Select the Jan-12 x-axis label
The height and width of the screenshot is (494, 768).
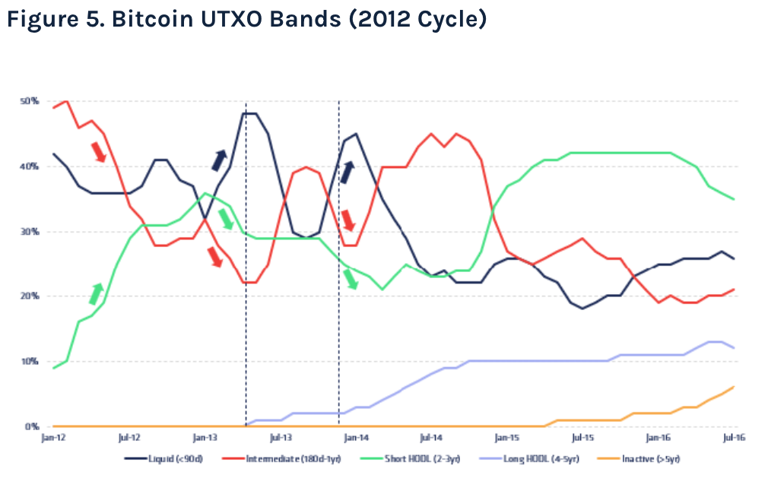pyautogui.click(x=52, y=438)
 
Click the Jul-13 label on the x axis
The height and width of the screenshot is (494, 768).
pyautogui.click(x=281, y=438)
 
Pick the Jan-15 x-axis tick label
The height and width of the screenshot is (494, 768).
pyautogui.click(x=506, y=438)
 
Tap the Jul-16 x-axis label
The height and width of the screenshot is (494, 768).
pyautogui.click(x=733, y=438)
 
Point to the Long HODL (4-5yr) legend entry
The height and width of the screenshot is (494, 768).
pyautogui.click(x=529, y=459)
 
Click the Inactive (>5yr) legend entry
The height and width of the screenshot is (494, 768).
pyautogui.click(x=639, y=459)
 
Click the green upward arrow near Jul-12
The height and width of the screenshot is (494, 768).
pyautogui.click(x=97, y=293)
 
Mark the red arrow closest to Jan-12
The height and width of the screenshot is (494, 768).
pyautogui.click(x=99, y=151)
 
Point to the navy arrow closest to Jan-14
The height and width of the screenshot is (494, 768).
pyautogui.click(x=347, y=173)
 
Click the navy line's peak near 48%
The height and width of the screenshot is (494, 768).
pyautogui.click(x=249, y=113)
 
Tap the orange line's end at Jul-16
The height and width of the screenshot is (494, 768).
pyautogui.click(x=733, y=387)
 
